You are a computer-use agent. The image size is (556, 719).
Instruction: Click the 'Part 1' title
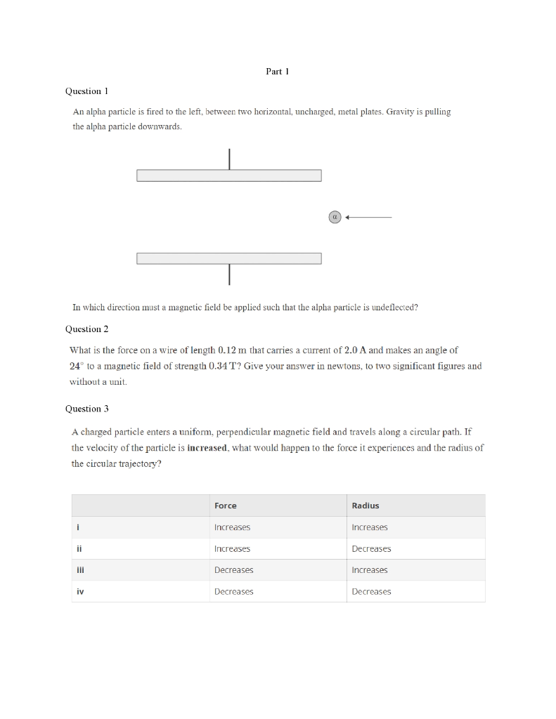pyautogui.click(x=278, y=71)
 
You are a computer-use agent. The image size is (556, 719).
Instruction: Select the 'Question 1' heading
pyautogui.click(x=86, y=91)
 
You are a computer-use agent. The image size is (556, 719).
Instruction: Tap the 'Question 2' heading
pyautogui.click(x=86, y=329)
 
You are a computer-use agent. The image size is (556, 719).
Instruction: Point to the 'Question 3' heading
pyautogui.click(x=86, y=409)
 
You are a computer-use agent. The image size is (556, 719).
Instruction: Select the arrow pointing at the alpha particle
pyautogui.click(x=368, y=217)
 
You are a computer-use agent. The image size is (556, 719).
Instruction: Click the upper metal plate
pyautogui.click(x=228, y=176)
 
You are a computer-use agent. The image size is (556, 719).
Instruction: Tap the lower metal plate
pyautogui.click(x=228, y=258)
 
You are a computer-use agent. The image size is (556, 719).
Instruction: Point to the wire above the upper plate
pyautogui.click(x=229, y=159)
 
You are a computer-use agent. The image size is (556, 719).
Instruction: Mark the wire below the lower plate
pyautogui.click(x=229, y=275)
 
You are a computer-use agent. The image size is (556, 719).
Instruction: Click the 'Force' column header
pyautogui.click(x=225, y=506)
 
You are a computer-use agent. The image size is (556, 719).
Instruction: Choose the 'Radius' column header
pyautogui.click(x=365, y=506)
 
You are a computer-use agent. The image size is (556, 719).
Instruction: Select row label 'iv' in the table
pyautogui.click(x=80, y=592)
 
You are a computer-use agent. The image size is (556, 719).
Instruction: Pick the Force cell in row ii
pyautogui.click(x=232, y=549)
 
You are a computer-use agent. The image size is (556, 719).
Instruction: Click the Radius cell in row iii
pyautogui.click(x=369, y=570)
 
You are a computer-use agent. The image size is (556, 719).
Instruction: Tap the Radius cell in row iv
pyautogui.click(x=371, y=592)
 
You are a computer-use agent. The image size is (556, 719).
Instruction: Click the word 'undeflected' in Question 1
pyautogui.click(x=395, y=307)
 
